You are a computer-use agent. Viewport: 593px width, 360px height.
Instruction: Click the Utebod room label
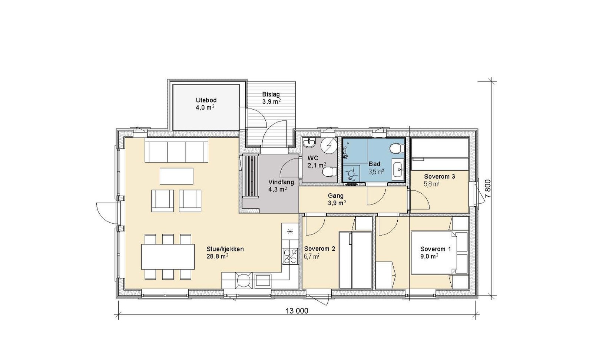tap(206, 100)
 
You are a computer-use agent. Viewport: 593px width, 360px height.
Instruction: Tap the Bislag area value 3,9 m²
tap(271, 101)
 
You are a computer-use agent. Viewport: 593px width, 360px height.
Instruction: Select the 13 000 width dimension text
tap(297, 311)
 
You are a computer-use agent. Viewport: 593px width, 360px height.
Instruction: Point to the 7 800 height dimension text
tap(488, 188)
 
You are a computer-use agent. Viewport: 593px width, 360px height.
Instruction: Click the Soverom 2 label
tap(319, 249)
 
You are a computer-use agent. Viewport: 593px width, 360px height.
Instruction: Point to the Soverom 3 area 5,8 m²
tap(432, 184)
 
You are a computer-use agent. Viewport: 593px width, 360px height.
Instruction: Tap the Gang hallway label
tap(336, 196)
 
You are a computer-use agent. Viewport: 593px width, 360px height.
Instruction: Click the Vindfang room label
tap(281, 182)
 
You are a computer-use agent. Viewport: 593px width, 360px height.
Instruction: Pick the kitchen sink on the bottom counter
tap(263, 280)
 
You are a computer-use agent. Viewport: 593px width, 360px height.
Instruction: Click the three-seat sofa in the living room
tap(176, 151)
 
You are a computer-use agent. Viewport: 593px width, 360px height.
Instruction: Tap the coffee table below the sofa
tap(176, 176)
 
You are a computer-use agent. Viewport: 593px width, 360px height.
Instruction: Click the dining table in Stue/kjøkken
tap(168, 257)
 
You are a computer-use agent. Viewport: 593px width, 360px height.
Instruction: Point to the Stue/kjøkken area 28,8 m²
tap(218, 256)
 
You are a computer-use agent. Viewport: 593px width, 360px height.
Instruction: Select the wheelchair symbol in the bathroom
tap(351, 174)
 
